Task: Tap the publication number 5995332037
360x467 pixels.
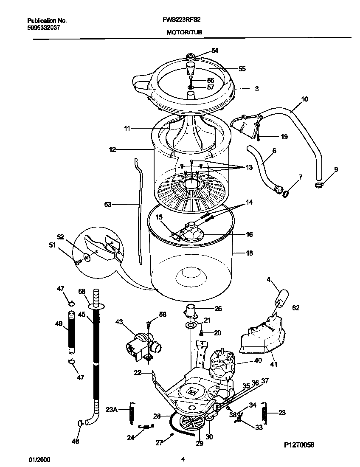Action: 42,27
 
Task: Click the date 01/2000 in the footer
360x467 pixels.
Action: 37,459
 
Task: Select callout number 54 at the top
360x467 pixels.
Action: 215,51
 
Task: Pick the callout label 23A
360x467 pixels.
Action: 111,410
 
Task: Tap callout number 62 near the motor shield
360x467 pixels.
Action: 295,308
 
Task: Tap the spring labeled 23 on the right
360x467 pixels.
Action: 266,412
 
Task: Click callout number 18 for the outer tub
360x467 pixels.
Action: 249,253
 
